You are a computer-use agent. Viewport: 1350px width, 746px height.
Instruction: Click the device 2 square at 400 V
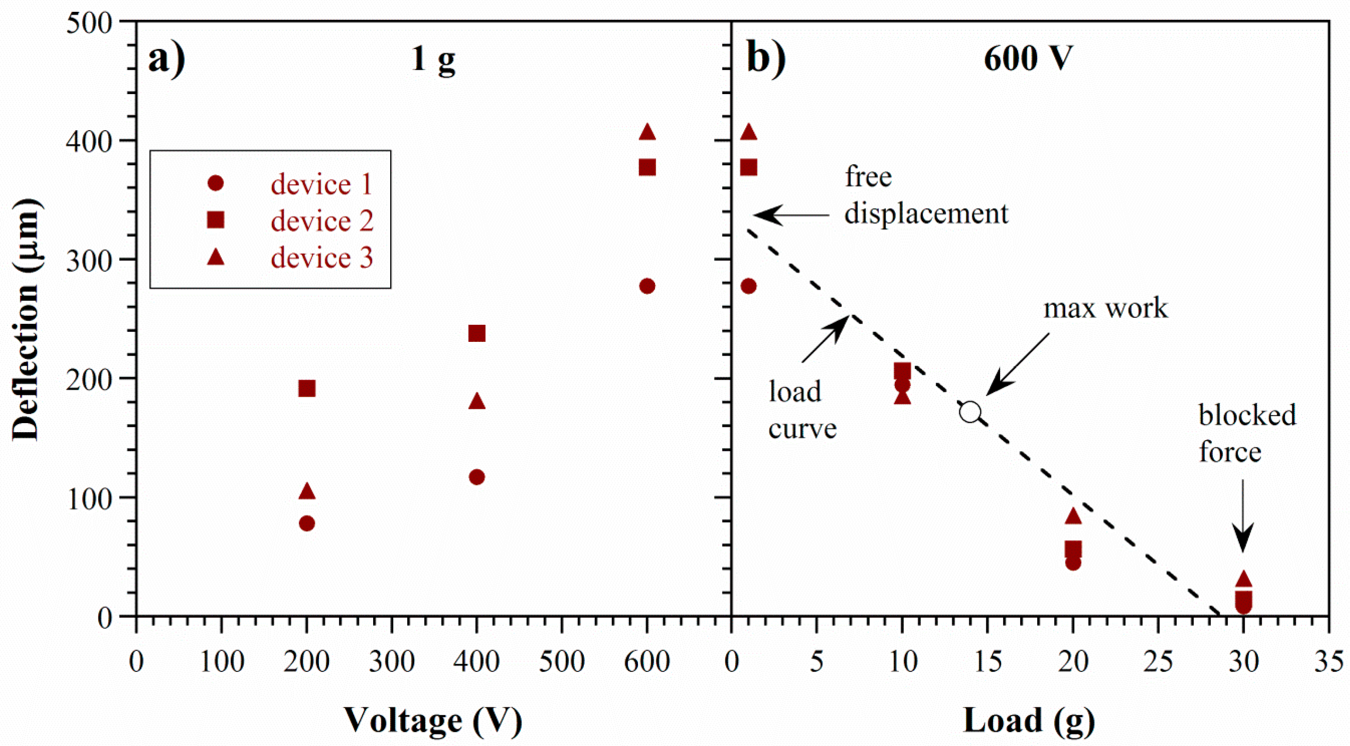pyautogui.click(x=477, y=333)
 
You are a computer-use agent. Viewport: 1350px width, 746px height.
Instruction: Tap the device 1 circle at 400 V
pyautogui.click(x=477, y=477)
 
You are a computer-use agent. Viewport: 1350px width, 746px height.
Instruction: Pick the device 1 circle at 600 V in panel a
pyautogui.click(x=647, y=286)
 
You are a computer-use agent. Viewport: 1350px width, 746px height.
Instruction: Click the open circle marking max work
pyautogui.click(x=970, y=412)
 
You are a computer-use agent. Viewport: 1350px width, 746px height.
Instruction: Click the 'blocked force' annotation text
pyautogui.click(x=1247, y=433)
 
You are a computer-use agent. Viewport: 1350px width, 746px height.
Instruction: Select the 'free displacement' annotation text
pyautogui.click(x=926, y=195)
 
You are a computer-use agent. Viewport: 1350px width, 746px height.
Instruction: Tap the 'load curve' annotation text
pyautogui.click(x=802, y=410)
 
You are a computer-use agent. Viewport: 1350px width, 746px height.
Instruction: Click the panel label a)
pyautogui.click(x=167, y=59)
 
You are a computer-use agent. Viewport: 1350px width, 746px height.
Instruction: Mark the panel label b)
pyautogui.click(x=766, y=59)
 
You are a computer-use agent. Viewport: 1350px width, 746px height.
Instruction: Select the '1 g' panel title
pyautogui.click(x=433, y=59)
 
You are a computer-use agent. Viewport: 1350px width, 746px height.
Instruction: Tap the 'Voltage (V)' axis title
pyautogui.click(x=433, y=720)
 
